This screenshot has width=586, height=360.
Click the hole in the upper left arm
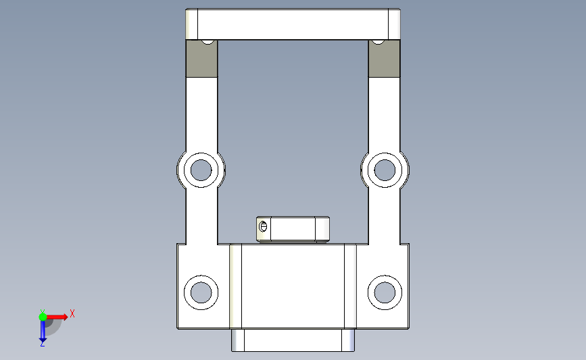tap(201, 170)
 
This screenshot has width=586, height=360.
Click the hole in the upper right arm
tap(385, 170)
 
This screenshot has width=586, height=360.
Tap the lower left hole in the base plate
tap(201, 292)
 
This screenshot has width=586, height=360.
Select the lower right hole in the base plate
tap(385, 292)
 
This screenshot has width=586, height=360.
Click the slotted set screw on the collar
tap(263, 226)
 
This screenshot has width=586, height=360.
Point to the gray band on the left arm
tap(201, 59)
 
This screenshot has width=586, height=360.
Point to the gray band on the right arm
tap(384, 59)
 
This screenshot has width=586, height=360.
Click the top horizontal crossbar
tap(293, 24)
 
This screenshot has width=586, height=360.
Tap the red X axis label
tap(72, 313)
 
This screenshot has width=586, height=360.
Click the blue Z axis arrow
tap(43, 330)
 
